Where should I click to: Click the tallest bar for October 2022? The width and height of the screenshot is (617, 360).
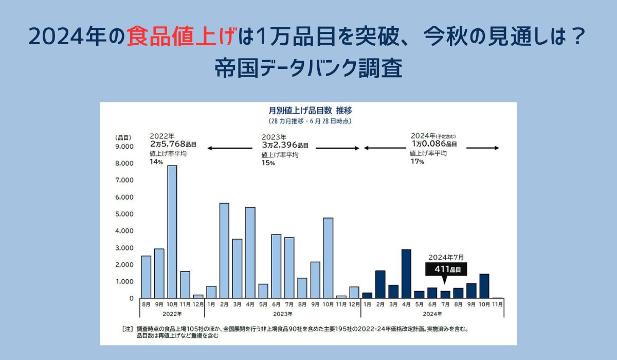pos(172,231)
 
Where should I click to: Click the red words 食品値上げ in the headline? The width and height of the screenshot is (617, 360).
pos(183,37)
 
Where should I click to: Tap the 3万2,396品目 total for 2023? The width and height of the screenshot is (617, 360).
pos(285,145)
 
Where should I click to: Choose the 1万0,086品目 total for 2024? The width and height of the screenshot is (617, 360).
pos(433,145)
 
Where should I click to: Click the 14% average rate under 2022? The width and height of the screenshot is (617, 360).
pos(156,161)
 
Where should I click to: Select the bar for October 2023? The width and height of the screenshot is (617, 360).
pos(328,258)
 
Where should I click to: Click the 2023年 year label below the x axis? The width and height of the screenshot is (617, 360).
pos(282,313)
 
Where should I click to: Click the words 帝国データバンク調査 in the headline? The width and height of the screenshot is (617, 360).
pos(308,69)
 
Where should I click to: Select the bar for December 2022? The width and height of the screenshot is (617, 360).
pos(198,296)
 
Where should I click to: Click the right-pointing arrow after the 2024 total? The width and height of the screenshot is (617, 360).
pos(483,148)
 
